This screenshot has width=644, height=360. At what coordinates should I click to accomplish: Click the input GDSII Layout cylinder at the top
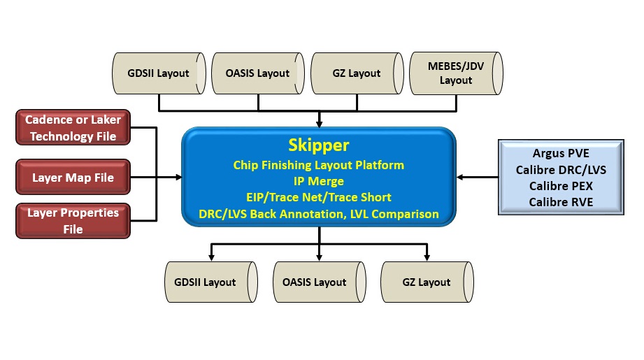point(159,73)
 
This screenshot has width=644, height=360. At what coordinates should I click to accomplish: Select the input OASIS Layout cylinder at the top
point(258,73)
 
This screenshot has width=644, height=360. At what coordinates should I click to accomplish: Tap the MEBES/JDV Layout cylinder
point(457,73)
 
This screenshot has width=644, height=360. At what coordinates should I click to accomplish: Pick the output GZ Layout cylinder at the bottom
point(427,282)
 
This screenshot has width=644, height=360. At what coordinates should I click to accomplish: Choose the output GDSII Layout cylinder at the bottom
point(211,282)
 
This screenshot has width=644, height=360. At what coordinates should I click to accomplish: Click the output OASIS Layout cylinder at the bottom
point(319,282)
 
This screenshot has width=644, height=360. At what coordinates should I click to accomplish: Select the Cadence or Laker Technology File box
point(73,128)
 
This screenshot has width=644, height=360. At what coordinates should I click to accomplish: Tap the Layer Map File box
point(73,178)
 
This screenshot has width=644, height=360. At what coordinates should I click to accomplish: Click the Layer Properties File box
point(73,221)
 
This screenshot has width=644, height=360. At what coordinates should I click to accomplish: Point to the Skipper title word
point(319,145)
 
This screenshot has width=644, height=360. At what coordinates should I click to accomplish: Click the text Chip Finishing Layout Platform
point(319,165)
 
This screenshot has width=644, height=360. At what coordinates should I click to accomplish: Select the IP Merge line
point(319,181)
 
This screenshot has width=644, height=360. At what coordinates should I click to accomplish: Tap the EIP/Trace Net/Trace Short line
point(319,197)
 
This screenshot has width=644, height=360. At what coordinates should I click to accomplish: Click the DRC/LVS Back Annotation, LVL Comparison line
point(319,214)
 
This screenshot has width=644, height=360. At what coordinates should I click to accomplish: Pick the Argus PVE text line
point(561,153)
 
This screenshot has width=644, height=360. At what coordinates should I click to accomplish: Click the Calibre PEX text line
point(561,186)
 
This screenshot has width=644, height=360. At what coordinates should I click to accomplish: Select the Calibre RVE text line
point(561,202)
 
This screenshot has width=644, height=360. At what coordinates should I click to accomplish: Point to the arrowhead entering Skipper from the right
point(460,178)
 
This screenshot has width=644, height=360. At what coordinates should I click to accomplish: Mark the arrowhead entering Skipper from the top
point(319,124)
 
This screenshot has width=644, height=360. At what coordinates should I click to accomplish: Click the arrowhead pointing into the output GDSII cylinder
point(211,257)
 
